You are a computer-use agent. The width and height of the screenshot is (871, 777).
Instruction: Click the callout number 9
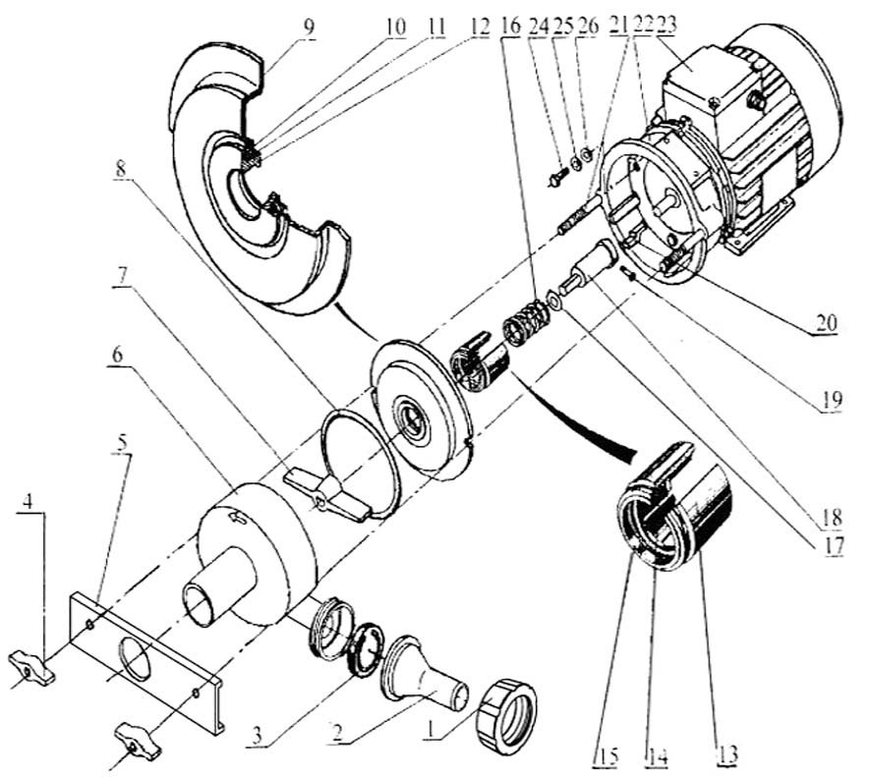point(310,27)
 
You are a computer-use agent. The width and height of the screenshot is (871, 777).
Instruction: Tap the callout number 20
point(825,321)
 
